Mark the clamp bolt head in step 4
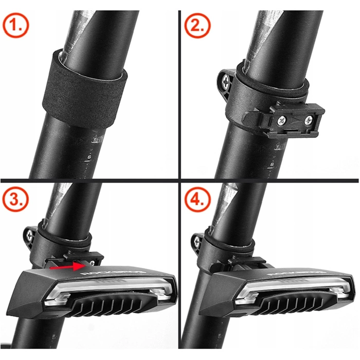[197, 239]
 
